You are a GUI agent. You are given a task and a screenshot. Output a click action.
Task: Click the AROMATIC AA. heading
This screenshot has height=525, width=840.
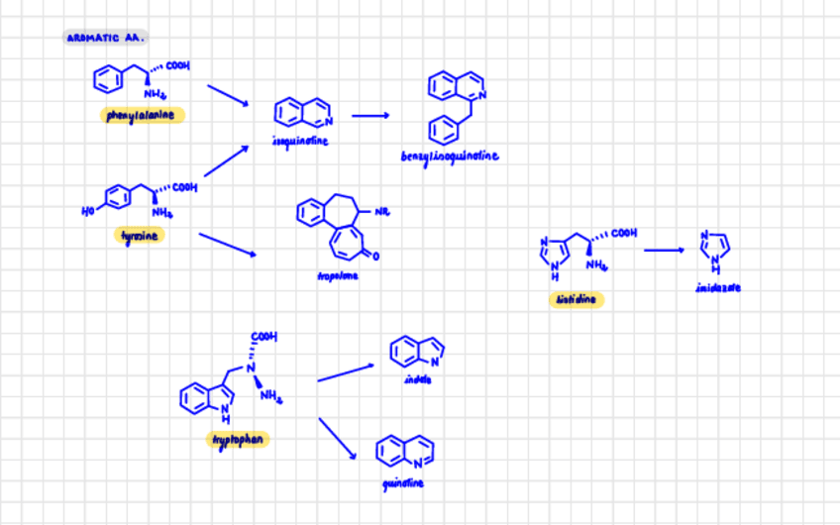coord(106,38)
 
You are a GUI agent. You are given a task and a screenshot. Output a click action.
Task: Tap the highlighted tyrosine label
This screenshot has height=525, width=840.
coord(140,235)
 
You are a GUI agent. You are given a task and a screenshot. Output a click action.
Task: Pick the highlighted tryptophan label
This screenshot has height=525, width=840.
coord(237,439)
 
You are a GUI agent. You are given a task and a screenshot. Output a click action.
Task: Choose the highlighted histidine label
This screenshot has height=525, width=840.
coord(576,299)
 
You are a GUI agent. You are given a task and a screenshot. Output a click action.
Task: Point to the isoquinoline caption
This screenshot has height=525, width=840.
coord(299,141)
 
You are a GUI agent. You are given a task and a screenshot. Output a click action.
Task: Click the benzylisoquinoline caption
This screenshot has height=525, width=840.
coord(451,156)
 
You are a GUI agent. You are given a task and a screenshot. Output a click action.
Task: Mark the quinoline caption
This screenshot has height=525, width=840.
coord(404,482)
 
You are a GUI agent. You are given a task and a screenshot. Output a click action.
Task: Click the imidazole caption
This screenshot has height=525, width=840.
coord(718,287)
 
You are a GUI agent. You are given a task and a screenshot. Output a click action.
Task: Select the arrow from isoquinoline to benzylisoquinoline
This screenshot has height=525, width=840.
coord(370,116)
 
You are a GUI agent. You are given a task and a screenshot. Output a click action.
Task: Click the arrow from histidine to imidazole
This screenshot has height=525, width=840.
coord(663,250)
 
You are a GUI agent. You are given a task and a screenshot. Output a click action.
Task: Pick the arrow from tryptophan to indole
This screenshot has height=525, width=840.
coord(346,372)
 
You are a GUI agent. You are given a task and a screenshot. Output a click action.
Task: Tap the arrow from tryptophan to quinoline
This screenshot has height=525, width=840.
coord(338,438)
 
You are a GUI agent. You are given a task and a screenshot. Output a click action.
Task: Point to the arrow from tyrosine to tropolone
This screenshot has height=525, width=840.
coord(227,245)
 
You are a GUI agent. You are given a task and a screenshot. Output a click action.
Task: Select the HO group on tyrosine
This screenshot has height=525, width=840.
coord(88,208)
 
